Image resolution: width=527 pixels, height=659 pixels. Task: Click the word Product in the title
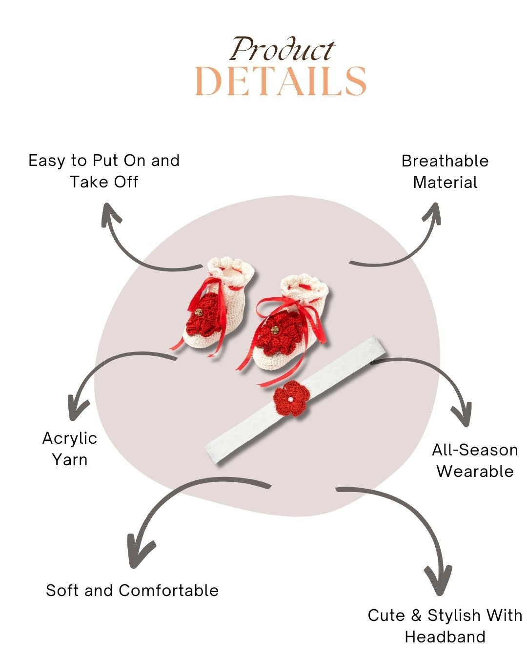click(282, 49)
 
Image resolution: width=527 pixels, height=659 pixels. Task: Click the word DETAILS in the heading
click(281, 81)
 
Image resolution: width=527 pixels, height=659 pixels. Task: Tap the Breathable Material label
click(445, 171)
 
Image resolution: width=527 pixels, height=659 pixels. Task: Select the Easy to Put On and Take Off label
click(104, 171)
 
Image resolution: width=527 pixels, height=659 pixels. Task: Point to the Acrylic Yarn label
click(70, 449)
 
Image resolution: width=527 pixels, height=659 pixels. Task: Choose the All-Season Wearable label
click(475, 460)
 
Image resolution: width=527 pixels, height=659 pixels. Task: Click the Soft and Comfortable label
click(132, 590)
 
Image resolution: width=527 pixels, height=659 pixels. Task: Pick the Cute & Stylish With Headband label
click(445, 625)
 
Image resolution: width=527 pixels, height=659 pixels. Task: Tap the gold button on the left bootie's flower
click(198, 311)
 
